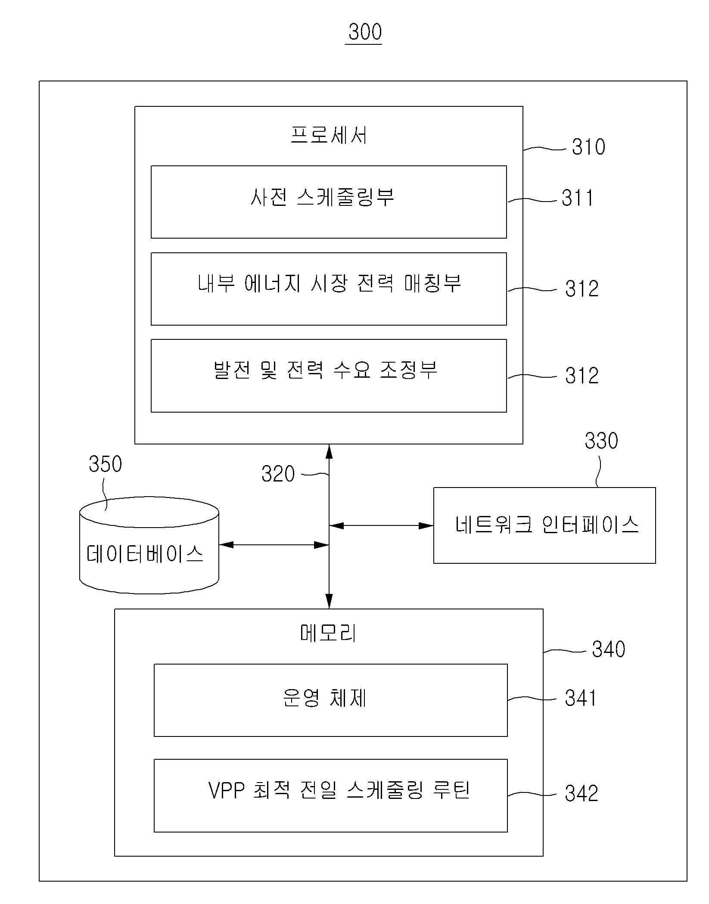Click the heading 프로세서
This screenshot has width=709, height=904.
pyautogui.click(x=329, y=135)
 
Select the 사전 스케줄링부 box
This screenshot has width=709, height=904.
pyautogui.click(x=329, y=202)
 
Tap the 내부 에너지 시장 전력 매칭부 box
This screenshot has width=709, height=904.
pyautogui.click(x=329, y=289)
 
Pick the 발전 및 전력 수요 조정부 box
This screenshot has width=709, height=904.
pyautogui.click(x=329, y=376)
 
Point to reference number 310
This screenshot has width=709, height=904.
pyautogui.click(x=588, y=147)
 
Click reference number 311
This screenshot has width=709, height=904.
pyautogui.click(x=578, y=199)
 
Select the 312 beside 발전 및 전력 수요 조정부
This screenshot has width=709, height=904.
pyautogui.click(x=582, y=376)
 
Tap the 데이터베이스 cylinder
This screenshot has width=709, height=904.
pyautogui.click(x=149, y=546)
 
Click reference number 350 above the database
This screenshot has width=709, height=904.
pyautogui.click(x=105, y=464)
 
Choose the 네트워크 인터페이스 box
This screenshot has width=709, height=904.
pyautogui.click(x=544, y=525)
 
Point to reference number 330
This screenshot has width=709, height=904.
pyautogui.click(x=601, y=441)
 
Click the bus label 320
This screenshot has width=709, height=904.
pyautogui.click(x=278, y=474)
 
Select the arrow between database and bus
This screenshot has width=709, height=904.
pyautogui.click(x=274, y=545)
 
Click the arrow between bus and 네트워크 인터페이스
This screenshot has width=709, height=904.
pyautogui.click(x=381, y=525)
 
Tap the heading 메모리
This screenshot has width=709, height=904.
pyautogui.click(x=329, y=634)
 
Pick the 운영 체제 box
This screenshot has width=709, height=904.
pyautogui.click(x=331, y=700)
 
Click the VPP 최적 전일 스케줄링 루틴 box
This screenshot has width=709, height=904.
pyautogui.click(x=331, y=796)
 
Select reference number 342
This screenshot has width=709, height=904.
pyautogui.click(x=582, y=793)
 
